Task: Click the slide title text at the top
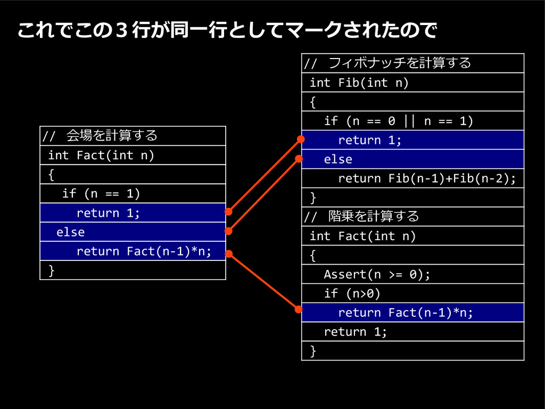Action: tap(227, 31)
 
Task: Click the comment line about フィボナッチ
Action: tap(387, 63)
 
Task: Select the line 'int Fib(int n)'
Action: tap(359, 83)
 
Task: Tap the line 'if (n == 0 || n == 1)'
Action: tap(399, 121)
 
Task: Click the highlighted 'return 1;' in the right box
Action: tap(370, 140)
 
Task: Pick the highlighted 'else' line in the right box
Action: tap(338, 159)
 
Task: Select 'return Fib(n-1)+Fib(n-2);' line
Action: tap(427, 178)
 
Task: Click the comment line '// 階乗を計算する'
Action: tap(362, 217)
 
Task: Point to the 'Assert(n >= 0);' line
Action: tap(377, 274)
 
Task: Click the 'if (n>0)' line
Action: tap(352, 293)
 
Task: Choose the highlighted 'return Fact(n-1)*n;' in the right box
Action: tap(406, 313)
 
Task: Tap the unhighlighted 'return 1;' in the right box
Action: tap(356, 332)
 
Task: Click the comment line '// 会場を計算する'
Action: tap(100, 136)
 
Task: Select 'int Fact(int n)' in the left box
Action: tap(101, 155)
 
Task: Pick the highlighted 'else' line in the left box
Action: tap(71, 232)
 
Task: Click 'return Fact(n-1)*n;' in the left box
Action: tap(144, 251)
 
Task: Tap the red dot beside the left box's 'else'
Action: tap(228, 231)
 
